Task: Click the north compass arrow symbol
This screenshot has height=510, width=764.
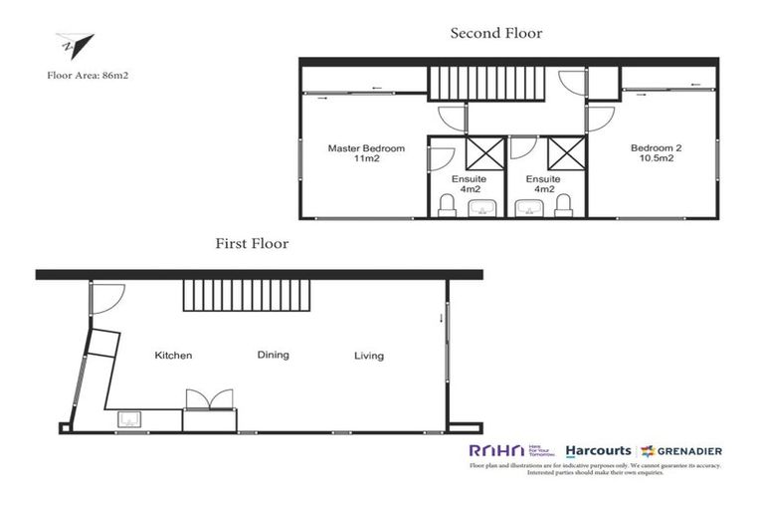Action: (76, 46)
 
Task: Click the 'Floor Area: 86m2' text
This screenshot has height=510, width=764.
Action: (87, 74)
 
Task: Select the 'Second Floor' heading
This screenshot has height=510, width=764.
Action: (496, 33)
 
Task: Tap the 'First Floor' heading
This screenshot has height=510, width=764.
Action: (252, 243)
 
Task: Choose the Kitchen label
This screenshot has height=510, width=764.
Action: (173, 355)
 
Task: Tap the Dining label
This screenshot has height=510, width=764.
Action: (273, 355)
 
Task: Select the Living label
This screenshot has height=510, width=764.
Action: (368, 355)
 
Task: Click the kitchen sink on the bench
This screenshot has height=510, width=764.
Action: (129, 418)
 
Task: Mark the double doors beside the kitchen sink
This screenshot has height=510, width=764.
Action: (209, 399)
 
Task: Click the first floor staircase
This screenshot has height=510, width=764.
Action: (247, 296)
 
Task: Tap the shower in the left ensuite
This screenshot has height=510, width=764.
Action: (484, 154)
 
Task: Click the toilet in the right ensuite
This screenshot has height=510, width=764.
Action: (564, 205)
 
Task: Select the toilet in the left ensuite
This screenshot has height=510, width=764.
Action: (447, 205)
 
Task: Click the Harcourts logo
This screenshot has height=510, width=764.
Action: (598, 451)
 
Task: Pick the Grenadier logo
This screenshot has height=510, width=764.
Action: (681, 451)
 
